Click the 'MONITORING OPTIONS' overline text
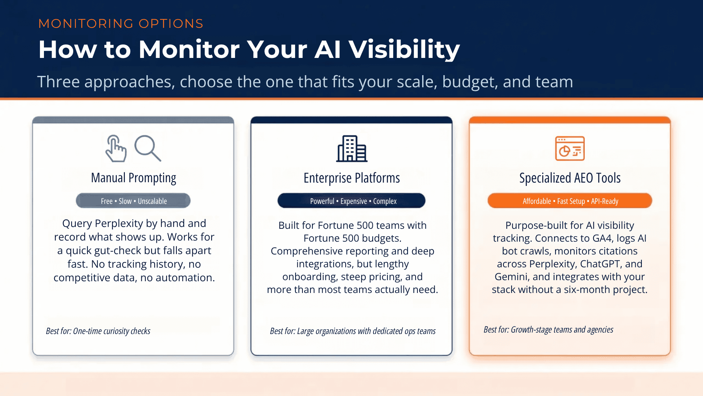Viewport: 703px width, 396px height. [121, 23]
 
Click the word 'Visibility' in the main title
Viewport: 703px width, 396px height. [404, 49]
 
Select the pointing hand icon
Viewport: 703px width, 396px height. [116, 148]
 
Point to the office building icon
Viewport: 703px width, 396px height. [351, 148]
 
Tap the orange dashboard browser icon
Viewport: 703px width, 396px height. [570, 148]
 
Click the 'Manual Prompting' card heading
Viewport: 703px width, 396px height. [133, 178]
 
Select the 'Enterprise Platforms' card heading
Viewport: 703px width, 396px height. [351, 178]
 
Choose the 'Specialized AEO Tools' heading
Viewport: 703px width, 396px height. [570, 178]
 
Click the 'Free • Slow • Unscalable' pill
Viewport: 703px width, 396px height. [133, 201]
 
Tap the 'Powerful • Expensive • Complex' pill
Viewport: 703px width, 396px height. [351, 201]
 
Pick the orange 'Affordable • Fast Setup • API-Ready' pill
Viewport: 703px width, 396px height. [570, 201]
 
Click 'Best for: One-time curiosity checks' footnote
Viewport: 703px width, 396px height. [98, 331]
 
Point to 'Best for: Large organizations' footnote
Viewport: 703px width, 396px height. [353, 331]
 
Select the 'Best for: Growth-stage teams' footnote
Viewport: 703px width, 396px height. [548, 330]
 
